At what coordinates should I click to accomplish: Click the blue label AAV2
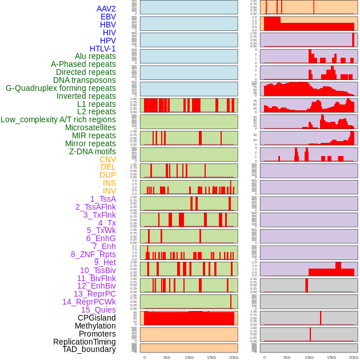(106, 9)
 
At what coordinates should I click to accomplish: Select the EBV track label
(108, 17)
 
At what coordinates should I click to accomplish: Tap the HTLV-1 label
(102, 49)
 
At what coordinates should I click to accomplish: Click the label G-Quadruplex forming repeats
(61, 88)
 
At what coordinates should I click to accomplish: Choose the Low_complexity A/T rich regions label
(58, 119)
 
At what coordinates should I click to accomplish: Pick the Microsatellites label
(90, 127)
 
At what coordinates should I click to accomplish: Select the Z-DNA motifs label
(93, 151)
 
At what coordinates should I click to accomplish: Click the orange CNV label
(107, 159)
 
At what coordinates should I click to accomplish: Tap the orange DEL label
(108, 167)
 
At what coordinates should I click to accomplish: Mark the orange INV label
(109, 191)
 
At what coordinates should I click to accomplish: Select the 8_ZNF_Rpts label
(93, 254)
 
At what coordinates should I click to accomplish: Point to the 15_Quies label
(98, 310)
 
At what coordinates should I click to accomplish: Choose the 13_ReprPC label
(94, 294)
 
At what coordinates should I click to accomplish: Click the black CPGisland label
(97, 318)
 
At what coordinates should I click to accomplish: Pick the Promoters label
(97, 334)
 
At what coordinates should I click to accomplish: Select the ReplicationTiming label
(85, 342)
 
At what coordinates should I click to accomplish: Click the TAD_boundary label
(89, 349)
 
